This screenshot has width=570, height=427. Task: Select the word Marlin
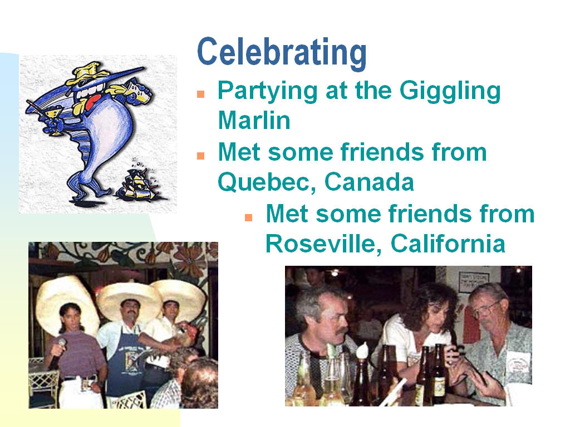(254, 120)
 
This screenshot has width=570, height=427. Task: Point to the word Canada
(369, 182)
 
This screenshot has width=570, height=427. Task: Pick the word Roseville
(323, 244)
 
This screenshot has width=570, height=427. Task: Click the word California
(448, 244)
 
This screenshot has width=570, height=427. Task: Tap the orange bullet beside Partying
(200, 94)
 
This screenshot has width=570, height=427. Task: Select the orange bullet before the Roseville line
(249, 217)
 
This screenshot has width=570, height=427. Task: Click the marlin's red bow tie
(94, 102)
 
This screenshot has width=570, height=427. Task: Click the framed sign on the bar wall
(473, 281)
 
